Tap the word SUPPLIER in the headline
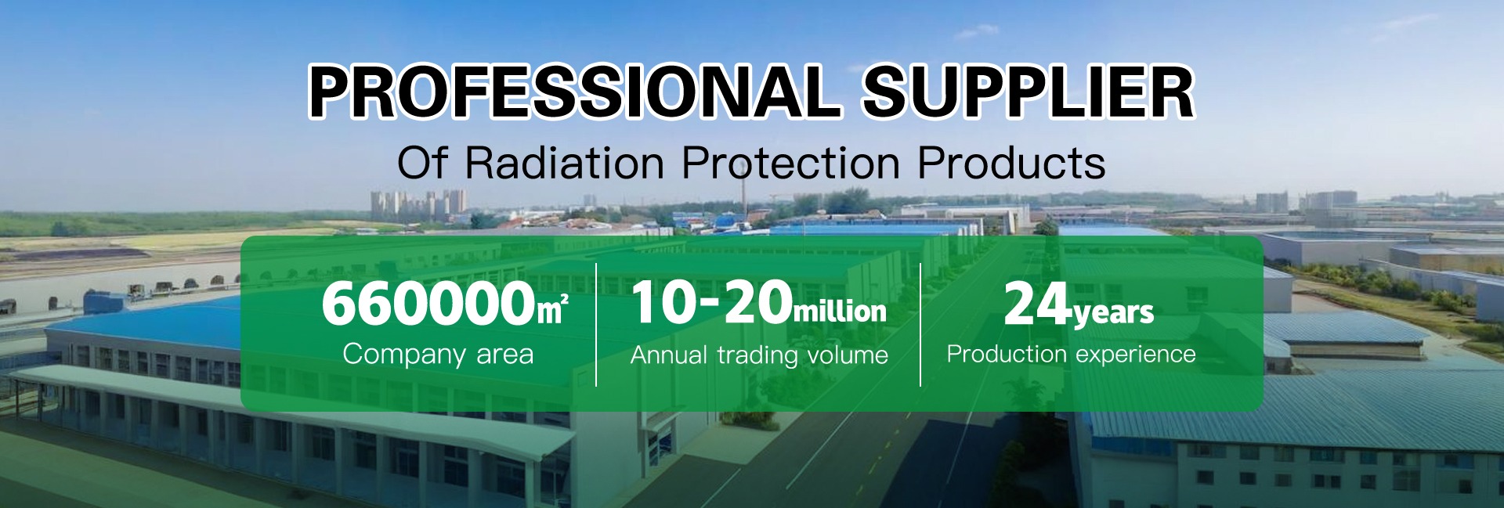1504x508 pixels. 1028,92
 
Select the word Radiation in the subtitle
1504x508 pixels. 564,163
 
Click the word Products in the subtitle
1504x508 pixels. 1011,163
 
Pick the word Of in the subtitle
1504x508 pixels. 422,163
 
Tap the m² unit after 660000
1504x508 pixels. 551,310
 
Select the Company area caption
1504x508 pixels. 438,355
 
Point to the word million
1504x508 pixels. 840,311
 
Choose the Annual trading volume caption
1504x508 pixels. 759,355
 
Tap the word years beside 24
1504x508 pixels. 1113,312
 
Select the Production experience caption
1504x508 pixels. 1071,355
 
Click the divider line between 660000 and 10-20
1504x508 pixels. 596,325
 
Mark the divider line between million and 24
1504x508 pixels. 920,325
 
